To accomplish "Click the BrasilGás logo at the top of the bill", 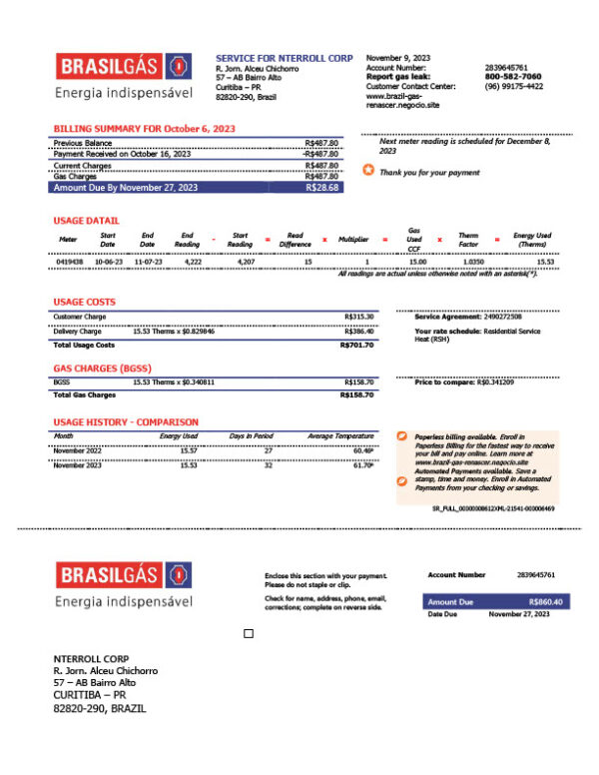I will point(124,68).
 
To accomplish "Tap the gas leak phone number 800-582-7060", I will point(513,76).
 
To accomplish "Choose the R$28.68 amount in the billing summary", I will point(322,187).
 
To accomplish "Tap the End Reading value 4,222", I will point(193,262).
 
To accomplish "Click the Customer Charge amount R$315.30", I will point(358,317).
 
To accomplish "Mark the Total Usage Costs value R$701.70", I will point(357,345).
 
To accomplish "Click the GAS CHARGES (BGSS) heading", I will point(102,368).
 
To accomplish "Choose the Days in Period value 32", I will point(268,465).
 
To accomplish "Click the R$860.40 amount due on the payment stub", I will point(545,602).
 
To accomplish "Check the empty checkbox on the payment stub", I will point(249,633).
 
